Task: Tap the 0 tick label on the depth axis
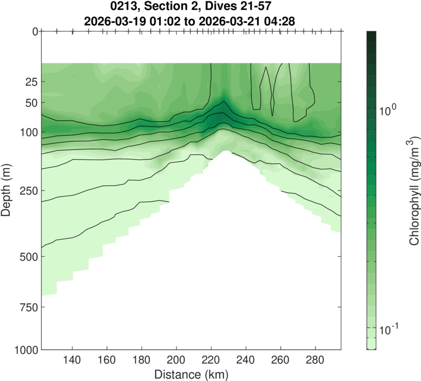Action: point(34,32)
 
